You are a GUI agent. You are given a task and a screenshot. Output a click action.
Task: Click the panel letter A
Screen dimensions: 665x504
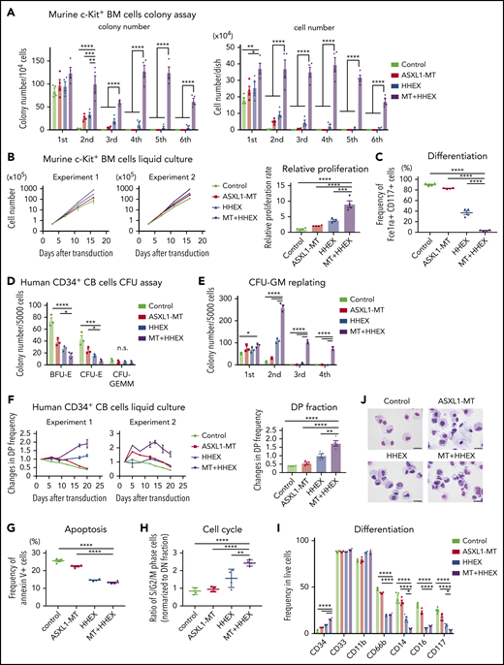8,10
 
